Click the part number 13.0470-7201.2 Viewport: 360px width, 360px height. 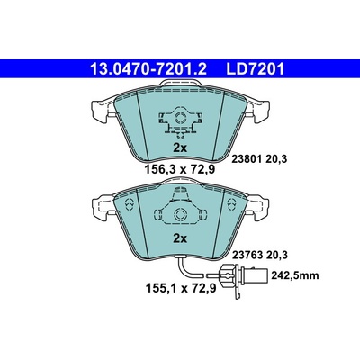click(148, 69)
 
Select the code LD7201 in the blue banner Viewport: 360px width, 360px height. click(255, 69)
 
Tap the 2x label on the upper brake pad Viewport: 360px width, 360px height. click(180, 148)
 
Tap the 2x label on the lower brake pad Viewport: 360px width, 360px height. click(180, 238)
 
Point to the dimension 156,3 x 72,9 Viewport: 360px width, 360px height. click(180, 170)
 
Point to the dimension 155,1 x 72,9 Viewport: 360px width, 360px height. click(181, 288)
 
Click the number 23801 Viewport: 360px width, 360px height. click(247, 159)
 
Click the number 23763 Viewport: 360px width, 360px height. click(247, 255)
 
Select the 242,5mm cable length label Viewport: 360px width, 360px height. click(295, 275)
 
